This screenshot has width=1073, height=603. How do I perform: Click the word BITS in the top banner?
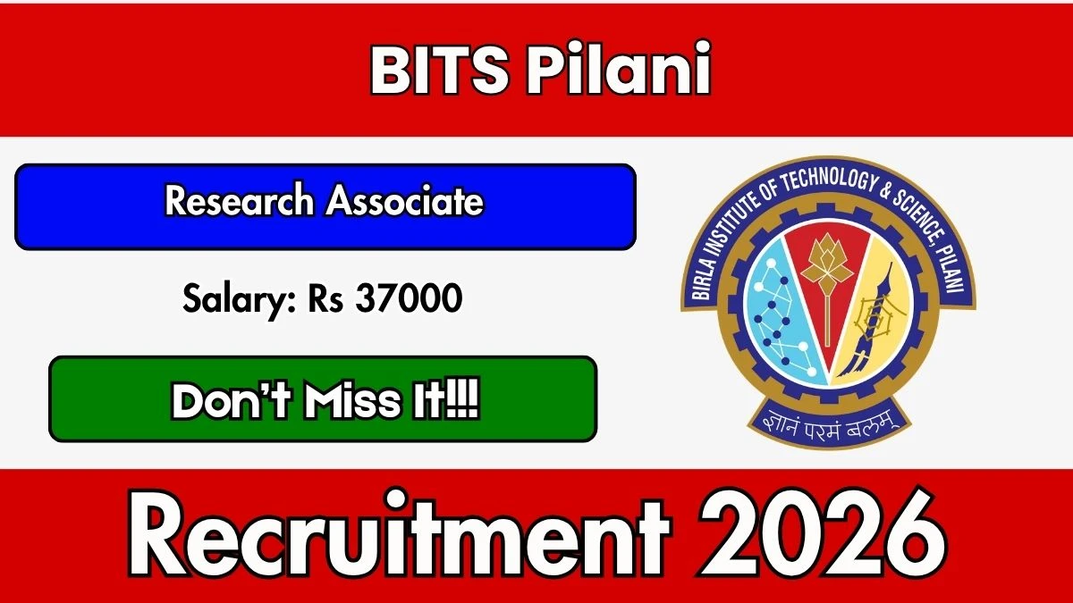[x=439, y=70]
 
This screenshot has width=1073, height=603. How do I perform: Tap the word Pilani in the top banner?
[x=619, y=69]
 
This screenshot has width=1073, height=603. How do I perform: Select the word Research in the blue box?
[x=240, y=200]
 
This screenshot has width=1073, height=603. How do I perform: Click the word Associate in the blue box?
[x=405, y=201]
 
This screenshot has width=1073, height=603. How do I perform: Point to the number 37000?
[x=409, y=297]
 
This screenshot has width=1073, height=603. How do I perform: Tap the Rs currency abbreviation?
[x=325, y=298]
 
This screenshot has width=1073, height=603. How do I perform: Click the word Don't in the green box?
[x=232, y=400]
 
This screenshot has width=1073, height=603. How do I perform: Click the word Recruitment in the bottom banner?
[x=399, y=538]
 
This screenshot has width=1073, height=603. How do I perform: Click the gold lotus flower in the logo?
[x=827, y=261]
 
